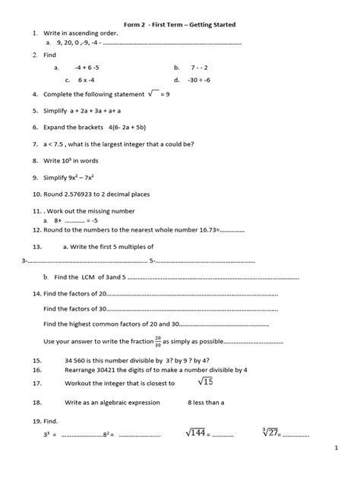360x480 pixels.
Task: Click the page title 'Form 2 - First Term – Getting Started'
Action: point(180,25)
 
